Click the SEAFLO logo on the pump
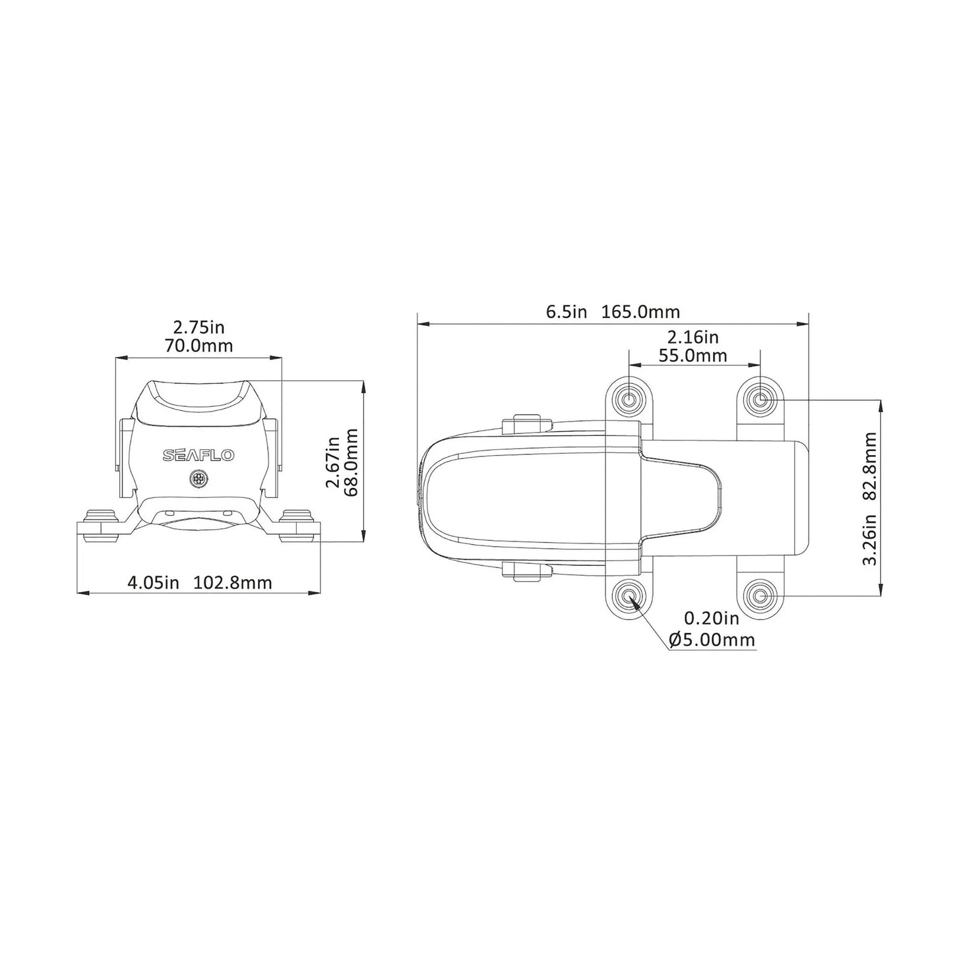198,456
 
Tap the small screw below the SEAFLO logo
197,479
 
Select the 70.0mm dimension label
199,346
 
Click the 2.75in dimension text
199,326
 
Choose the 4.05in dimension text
153,582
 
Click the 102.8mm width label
233,582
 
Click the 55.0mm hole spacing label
693,356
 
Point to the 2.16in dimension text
693,337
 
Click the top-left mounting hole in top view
629,399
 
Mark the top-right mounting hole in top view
760,399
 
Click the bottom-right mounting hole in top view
760,597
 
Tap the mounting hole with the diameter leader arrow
629,597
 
